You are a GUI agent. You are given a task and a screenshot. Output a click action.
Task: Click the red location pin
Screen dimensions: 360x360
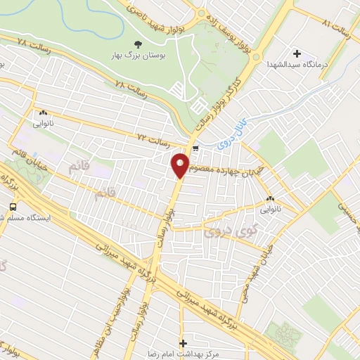point(180,165)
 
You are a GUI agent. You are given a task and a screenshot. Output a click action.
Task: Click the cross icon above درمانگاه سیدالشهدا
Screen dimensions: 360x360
point(296,53)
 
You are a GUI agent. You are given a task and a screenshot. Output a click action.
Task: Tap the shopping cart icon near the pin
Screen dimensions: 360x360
point(195,148)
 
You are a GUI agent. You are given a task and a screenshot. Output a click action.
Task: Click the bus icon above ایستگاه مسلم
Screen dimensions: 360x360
point(13,207)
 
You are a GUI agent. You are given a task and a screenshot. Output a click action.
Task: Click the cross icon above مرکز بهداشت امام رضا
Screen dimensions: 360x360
point(184,343)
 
